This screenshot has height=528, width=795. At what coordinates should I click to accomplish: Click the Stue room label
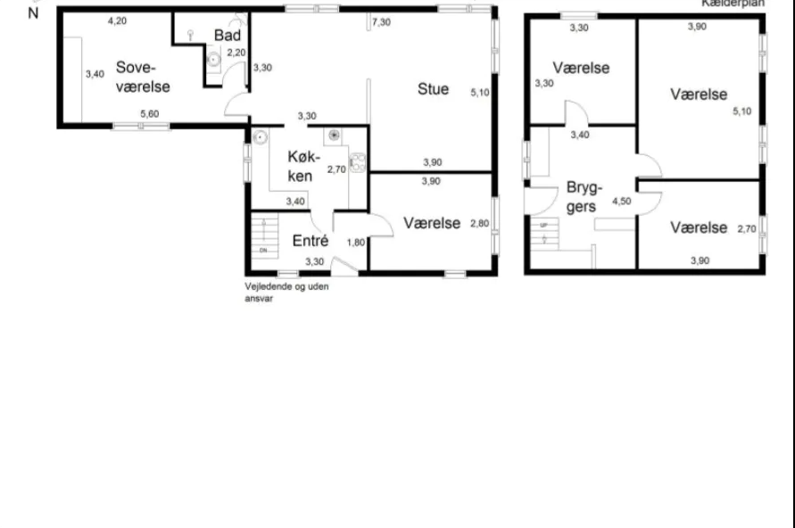433,89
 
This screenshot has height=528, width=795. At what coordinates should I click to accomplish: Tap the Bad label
227,35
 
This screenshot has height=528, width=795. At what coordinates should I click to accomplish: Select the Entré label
311,241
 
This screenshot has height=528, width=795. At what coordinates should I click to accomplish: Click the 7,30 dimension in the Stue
380,21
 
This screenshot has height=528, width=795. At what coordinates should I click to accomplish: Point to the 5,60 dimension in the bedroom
149,113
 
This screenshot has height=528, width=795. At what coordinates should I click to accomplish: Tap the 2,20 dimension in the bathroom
236,53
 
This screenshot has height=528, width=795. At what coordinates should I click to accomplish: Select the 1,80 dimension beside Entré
354,242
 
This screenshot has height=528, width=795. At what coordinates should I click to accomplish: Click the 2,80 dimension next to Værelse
479,224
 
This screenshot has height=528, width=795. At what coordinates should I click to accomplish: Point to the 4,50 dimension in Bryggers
621,202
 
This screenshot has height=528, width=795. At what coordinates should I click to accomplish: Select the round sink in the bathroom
214,60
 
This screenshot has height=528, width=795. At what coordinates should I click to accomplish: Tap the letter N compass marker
34,13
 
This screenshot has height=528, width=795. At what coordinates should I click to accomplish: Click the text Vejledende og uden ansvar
286,293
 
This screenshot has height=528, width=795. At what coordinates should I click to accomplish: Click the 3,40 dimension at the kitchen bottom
294,201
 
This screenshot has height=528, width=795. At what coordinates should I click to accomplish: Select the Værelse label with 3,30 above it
581,68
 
